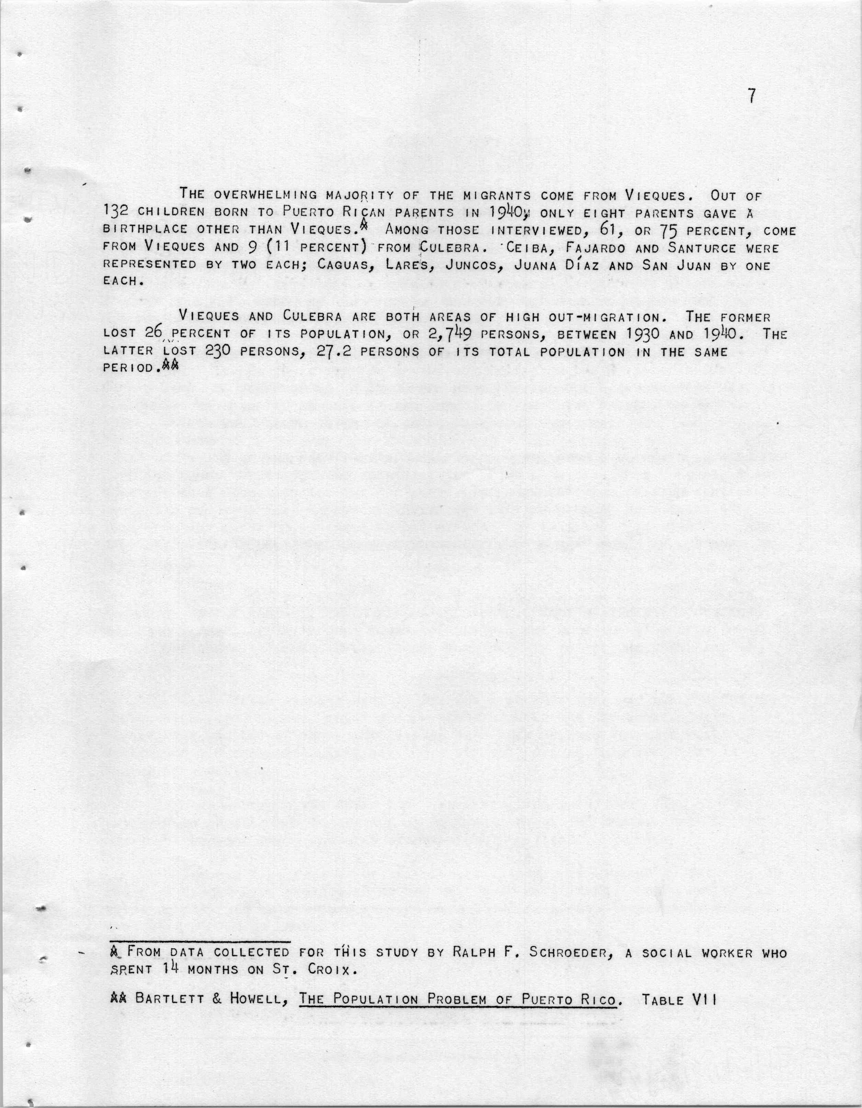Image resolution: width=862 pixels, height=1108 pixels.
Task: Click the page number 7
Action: coord(752,97)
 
